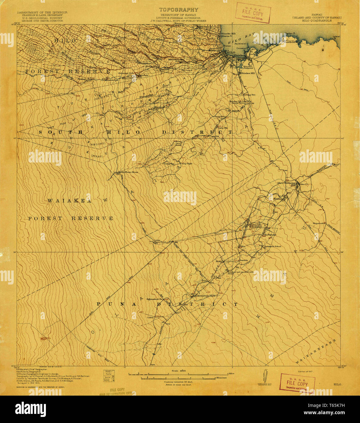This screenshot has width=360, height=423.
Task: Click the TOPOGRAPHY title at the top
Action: [x=178, y=10]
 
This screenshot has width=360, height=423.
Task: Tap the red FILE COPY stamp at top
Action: [x=253, y=13]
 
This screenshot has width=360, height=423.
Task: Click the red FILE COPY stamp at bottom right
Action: [x=297, y=383]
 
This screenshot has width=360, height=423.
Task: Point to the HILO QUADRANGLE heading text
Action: [x=317, y=21]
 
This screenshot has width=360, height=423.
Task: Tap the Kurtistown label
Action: [x=270, y=235]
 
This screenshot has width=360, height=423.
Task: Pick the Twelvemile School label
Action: [x=272, y=246]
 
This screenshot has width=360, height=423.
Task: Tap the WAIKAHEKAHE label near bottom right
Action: [x=316, y=351]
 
